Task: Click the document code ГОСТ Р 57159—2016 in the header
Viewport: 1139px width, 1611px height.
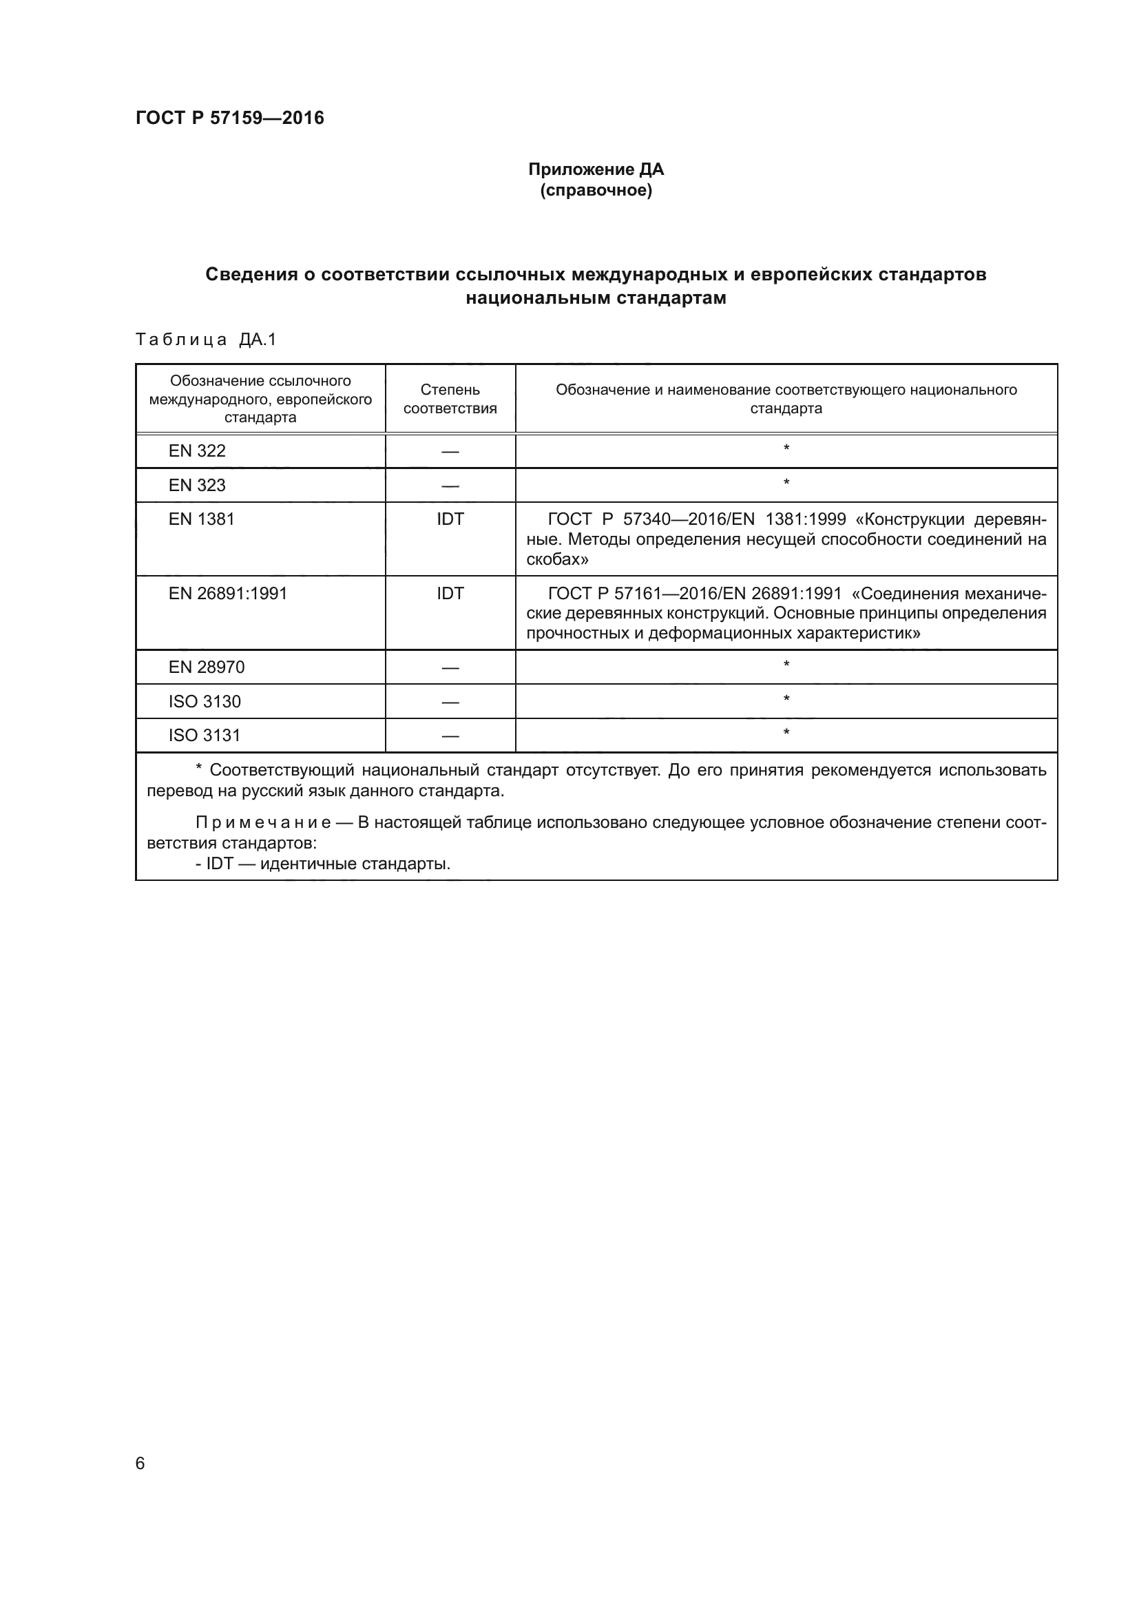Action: pos(229,118)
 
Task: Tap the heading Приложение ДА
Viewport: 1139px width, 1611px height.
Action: pos(596,169)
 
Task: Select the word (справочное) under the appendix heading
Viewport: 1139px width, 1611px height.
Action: pos(596,190)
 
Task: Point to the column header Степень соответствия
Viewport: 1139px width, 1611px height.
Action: pos(450,399)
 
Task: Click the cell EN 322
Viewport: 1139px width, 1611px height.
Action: pos(197,450)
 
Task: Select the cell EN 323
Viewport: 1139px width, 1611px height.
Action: pos(197,485)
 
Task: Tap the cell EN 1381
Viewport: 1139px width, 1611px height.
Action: pos(201,519)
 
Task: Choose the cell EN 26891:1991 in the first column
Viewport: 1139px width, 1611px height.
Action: pos(228,594)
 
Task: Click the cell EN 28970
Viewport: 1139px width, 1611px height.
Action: pos(206,667)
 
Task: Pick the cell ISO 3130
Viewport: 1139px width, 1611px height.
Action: pos(204,702)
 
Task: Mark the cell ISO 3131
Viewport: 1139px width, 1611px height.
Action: pos(204,736)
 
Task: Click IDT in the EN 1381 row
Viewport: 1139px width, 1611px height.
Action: pos(450,519)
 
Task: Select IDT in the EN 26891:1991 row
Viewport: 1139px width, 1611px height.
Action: pos(450,594)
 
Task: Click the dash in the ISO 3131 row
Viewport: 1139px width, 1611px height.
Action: pos(450,736)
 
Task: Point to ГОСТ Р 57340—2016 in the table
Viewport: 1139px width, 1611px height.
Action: pos(609,520)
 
